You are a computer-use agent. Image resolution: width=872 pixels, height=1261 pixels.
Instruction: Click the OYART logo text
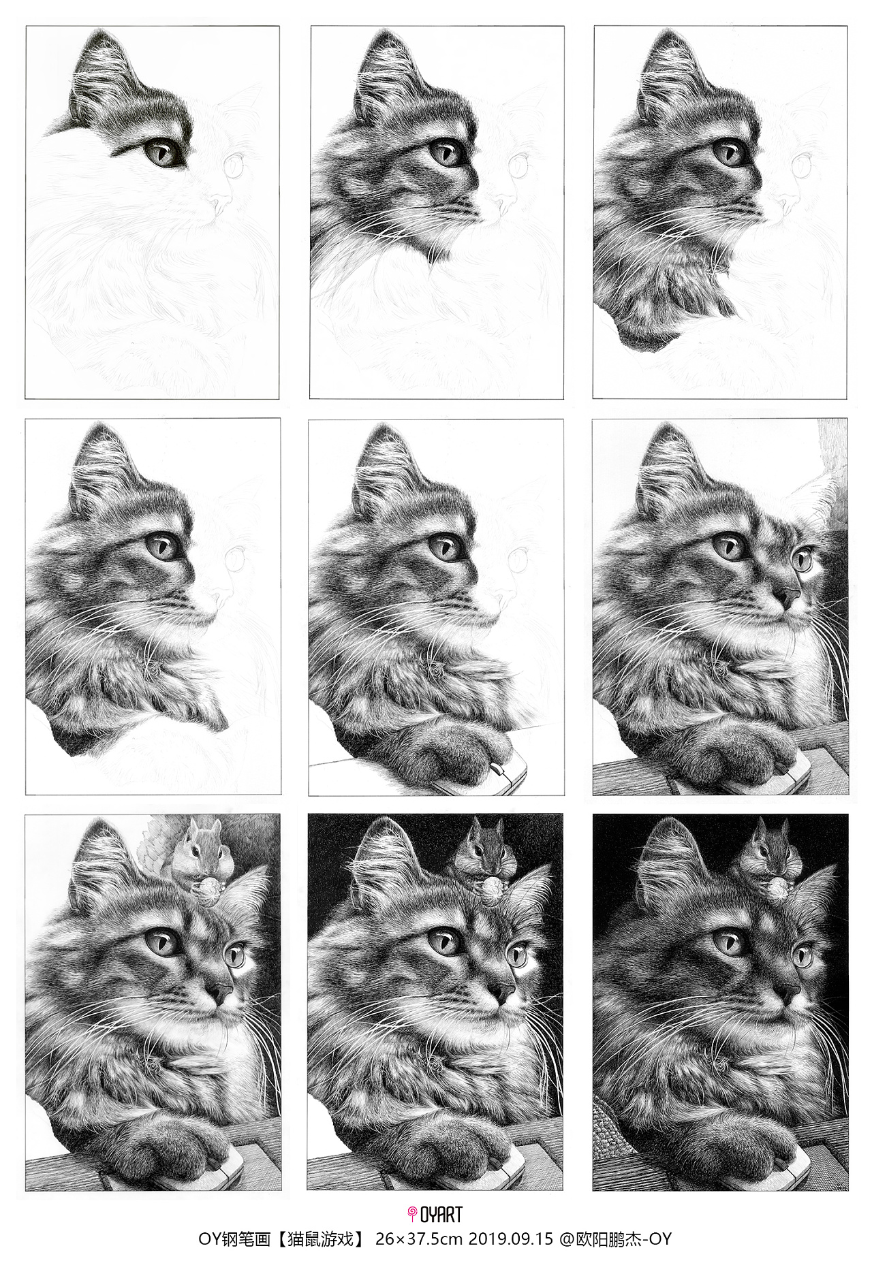pyautogui.click(x=440, y=1213)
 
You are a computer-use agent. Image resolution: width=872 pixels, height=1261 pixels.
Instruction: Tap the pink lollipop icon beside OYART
pyautogui.click(x=411, y=1213)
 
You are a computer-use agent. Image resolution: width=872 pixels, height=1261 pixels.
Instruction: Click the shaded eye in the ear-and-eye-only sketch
pyautogui.click(x=162, y=152)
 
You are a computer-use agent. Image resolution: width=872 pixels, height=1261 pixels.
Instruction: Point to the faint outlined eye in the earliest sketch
pyautogui.click(x=235, y=164)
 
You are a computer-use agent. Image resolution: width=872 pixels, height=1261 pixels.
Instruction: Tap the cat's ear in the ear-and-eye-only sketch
pyautogui.click(x=102, y=75)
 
